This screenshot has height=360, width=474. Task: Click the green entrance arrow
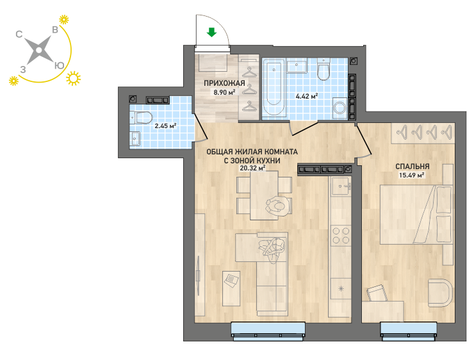pyautogui.click(x=211, y=32)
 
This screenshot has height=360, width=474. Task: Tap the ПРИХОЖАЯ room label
pyautogui.click(x=224, y=83)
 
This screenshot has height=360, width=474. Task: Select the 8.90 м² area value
pyautogui.click(x=224, y=92)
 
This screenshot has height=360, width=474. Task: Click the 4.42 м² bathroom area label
pyautogui.click(x=307, y=97)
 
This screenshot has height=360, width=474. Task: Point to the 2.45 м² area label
pyautogui.click(x=165, y=126)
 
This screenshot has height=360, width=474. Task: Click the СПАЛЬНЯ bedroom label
pyautogui.click(x=413, y=167)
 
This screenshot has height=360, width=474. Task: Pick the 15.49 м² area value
pyautogui.click(x=412, y=175)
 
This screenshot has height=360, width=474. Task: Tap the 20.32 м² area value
pyautogui.click(x=253, y=168)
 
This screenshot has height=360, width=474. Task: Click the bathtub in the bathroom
pyautogui.click(x=274, y=87)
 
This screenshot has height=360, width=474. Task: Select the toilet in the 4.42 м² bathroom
pyautogui.click(x=323, y=69)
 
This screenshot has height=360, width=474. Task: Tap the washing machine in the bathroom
pyautogui.click(x=340, y=108)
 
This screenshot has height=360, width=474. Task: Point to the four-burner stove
pyautogui.click(x=341, y=236)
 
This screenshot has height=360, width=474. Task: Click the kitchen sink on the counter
pyautogui.click(x=341, y=186)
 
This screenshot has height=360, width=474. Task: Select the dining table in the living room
pyautogui.click(x=264, y=195)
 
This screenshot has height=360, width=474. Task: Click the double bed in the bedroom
pyautogui.click(x=416, y=215)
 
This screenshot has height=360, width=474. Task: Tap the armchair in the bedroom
pyautogui.click(x=441, y=293)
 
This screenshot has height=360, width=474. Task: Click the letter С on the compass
pyautogui.click(x=19, y=34)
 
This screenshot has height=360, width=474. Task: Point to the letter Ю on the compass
pyautogui.click(x=60, y=65)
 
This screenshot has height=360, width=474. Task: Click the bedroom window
pyautogui.click(x=409, y=331)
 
